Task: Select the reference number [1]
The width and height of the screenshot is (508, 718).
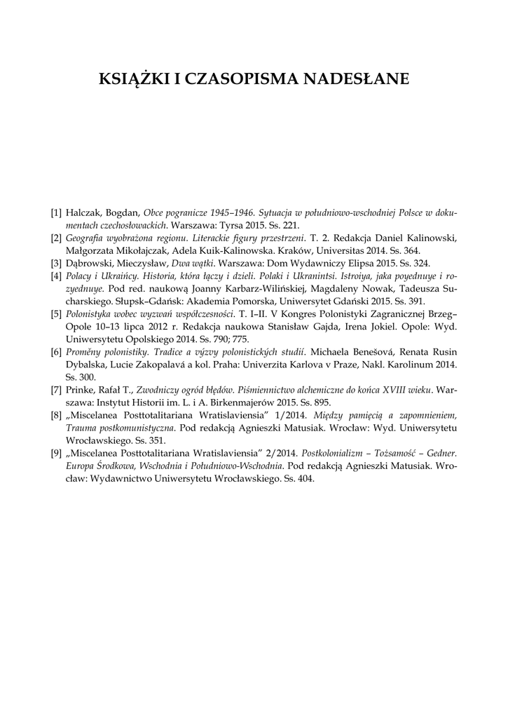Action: click(x=56, y=212)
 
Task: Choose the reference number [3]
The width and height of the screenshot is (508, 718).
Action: click(x=56, y=264)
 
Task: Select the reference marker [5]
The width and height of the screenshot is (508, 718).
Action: click(x=56, y=314)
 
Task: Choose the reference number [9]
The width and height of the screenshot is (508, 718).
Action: click(x=56, y=454)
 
